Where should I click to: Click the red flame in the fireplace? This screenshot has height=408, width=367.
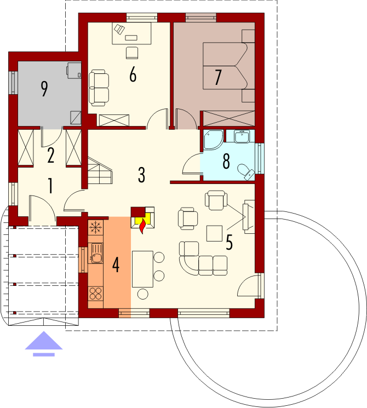coord(142,226)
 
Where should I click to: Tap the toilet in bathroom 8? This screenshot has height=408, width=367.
coord(246,171)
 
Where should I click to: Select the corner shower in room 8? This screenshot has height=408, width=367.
coord(214,140)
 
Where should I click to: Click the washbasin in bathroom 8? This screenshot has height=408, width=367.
coord(242,136)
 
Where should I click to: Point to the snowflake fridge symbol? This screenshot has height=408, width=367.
coord(96,227)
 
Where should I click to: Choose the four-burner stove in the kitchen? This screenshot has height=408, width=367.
coord(95,294)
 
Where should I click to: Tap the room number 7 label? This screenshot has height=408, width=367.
coord(218,77)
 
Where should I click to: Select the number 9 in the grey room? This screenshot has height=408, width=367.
coord(44,89)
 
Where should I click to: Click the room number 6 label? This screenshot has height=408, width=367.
coord(133,74)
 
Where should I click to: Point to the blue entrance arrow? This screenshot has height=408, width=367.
coord(44,343)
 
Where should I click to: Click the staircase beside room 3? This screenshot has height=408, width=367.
coord(100,170)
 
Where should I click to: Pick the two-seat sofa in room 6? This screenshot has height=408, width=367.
coord(99,88)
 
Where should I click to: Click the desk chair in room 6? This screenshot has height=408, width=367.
coord(132,53)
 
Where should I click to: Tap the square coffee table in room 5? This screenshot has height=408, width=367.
coord(215,233)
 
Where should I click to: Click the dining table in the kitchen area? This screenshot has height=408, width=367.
coord(142,269)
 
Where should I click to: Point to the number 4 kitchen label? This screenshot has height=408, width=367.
coord(116,265)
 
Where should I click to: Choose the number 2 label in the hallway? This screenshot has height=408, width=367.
coord(51,156)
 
